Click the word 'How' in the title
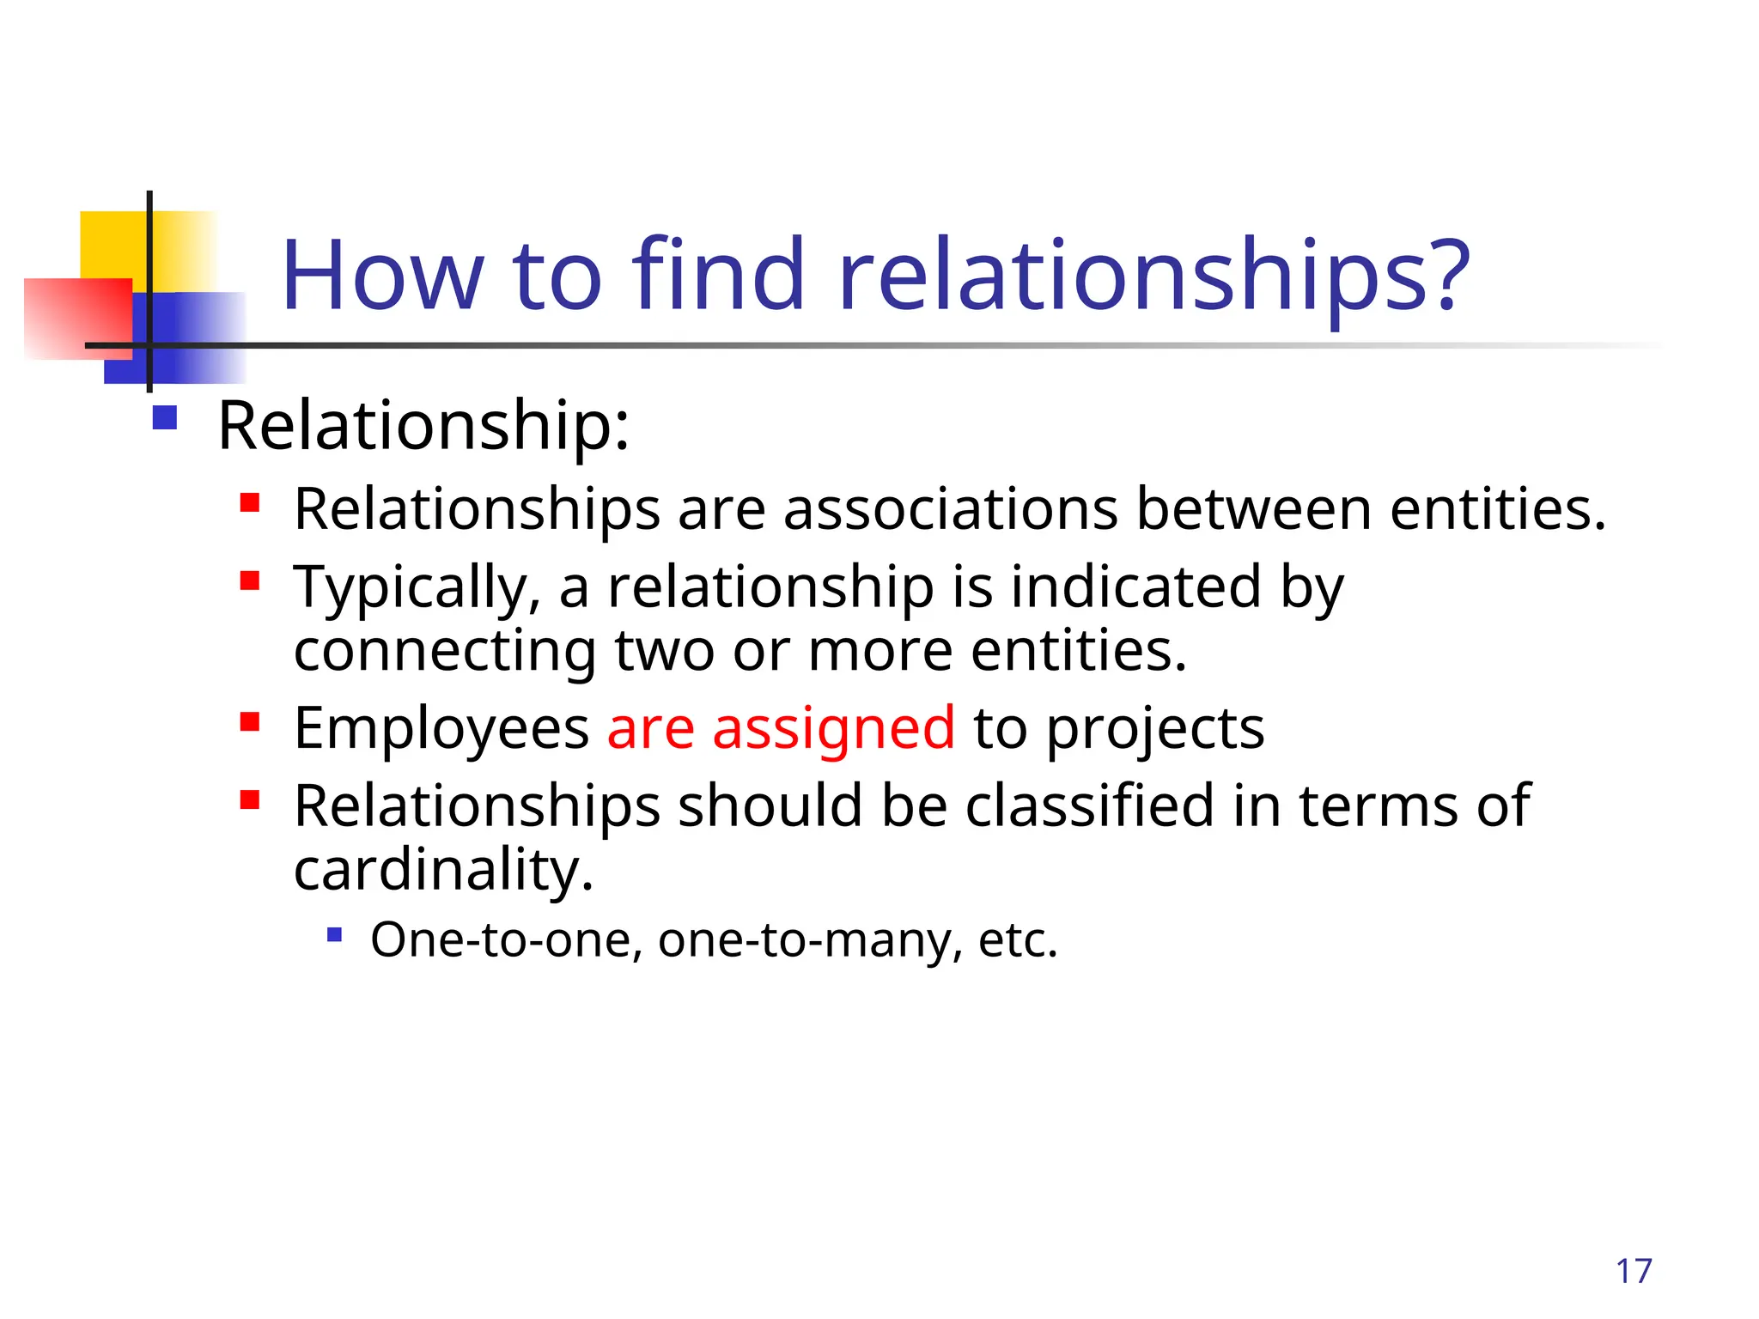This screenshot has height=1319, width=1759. [382, 276]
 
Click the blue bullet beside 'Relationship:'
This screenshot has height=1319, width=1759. [164, 418]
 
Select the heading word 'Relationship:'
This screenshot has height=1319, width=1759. [423, 425]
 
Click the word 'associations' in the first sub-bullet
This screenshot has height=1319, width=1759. [951, 509]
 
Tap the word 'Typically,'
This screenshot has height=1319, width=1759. [417, 589]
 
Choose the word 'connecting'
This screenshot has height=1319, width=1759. [445, 651]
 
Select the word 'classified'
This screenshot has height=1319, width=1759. [1089, 806]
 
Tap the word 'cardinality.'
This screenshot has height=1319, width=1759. [443, 870]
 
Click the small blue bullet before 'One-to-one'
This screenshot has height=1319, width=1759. [335, 934]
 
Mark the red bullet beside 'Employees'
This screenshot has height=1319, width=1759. [250, 721]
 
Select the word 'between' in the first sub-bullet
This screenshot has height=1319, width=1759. [1254, 509]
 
